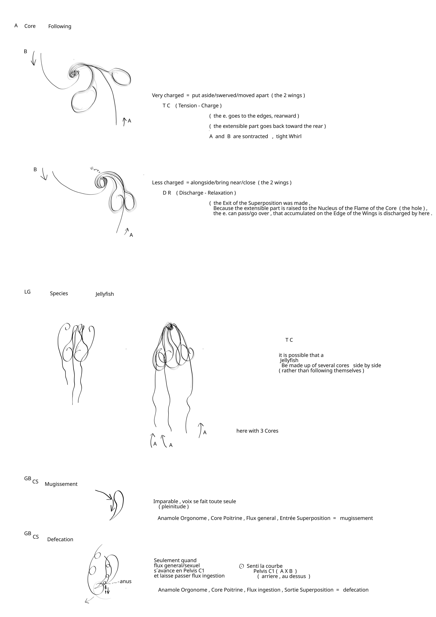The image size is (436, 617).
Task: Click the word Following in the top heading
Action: [60, 26]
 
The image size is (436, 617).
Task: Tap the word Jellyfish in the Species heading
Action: [105, 294]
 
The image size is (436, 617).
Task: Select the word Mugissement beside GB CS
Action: [61, 484]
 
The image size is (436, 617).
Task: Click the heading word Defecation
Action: [60, 539]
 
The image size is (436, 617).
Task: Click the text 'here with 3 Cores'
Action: [257, 431]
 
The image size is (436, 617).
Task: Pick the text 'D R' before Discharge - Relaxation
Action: [167, 193]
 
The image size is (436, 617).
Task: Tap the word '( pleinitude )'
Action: [174, 507]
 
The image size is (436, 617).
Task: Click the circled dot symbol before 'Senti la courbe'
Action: [241, 566]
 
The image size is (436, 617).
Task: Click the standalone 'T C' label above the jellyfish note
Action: [289, 340]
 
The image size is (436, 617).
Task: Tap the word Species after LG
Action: [59, 293]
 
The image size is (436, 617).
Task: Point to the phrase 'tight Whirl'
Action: [289, 136]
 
